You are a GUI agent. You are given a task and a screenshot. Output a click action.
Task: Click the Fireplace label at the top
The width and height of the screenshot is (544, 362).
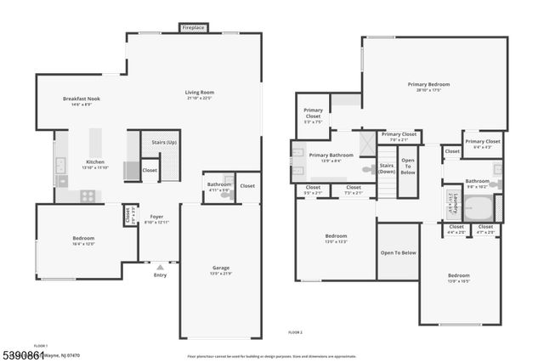(x=194, y=28)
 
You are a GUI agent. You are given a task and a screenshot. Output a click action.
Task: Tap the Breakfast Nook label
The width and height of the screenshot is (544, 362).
(x=82, y=99)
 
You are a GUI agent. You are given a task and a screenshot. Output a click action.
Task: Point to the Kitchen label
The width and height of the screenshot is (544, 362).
(x=95, y=161)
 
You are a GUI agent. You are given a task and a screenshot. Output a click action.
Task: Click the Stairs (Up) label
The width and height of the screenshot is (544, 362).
(x=159, y=143)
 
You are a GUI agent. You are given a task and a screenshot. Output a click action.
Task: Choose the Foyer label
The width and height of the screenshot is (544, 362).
(x=156, y=217)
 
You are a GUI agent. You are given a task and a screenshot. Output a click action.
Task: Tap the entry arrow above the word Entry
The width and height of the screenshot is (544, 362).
(x=160, y=268)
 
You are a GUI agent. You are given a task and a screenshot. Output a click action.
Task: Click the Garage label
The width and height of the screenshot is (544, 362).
(x=221, y=268)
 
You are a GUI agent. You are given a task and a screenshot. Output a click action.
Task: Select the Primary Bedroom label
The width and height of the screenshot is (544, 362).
(x=428, y=84)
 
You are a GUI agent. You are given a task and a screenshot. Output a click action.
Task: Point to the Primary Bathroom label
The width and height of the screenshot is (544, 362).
(x=331, y=156)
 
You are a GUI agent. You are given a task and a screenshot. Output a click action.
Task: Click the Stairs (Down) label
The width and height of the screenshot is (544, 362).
(x=387, y=168)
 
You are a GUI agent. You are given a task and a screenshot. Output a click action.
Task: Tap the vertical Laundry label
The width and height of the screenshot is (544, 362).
(x=456, y=205)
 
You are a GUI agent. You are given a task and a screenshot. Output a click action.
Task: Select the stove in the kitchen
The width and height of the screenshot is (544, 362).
(x=87, y=195)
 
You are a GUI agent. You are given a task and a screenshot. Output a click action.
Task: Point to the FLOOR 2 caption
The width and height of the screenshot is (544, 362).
(x=295, y=331)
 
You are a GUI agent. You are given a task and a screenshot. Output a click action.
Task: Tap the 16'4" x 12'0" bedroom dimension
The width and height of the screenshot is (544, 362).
(x=83, y=243)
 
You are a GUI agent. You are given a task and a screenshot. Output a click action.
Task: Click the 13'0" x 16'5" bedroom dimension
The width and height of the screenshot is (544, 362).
(x=459, y=281)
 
